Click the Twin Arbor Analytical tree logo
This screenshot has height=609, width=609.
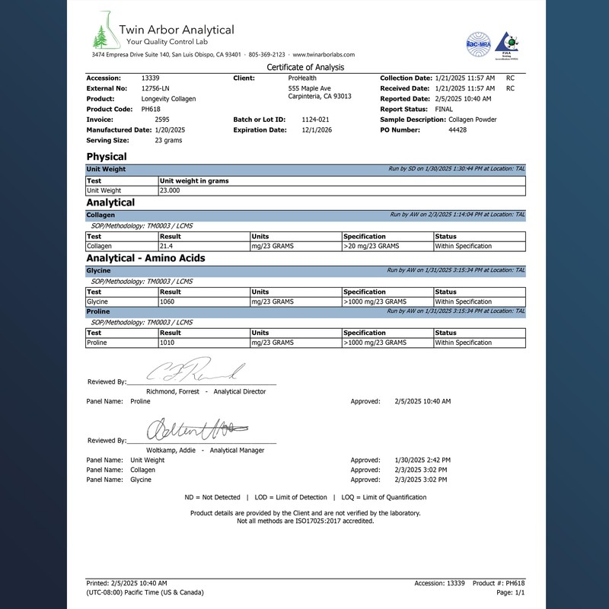(x=102, y=33)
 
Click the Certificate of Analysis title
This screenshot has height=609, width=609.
(x=304, y=67)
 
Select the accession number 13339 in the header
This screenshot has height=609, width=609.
(x=151, y=78)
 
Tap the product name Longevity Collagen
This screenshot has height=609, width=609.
(x=168, y=99)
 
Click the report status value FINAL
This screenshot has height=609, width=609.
(x=444, y=110)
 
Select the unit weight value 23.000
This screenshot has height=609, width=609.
(x=170, y=190)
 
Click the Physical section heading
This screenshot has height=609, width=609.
(x=107, y=157)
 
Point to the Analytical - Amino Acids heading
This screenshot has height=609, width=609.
(x=145, y=258)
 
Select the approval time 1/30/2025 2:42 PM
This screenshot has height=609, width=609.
(x=422, y=461)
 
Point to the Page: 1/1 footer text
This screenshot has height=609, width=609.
(x=511, y=592)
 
